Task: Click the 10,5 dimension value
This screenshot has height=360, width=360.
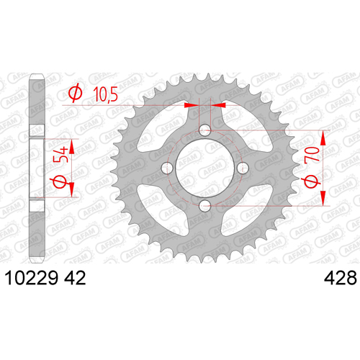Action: point(105,94)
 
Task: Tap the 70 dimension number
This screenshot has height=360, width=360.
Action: point(312,154)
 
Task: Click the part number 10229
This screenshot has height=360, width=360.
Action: point(31,278)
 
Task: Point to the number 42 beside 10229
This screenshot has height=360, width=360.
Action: point(75,278)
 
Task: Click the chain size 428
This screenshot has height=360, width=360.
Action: point(341,278)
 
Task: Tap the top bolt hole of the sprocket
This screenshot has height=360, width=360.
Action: point(205,130)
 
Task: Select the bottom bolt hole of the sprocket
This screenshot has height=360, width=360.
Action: point(205,206)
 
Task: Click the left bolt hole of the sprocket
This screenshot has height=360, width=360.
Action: point(167,168)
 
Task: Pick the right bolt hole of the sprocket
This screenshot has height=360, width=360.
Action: point(243,168)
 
